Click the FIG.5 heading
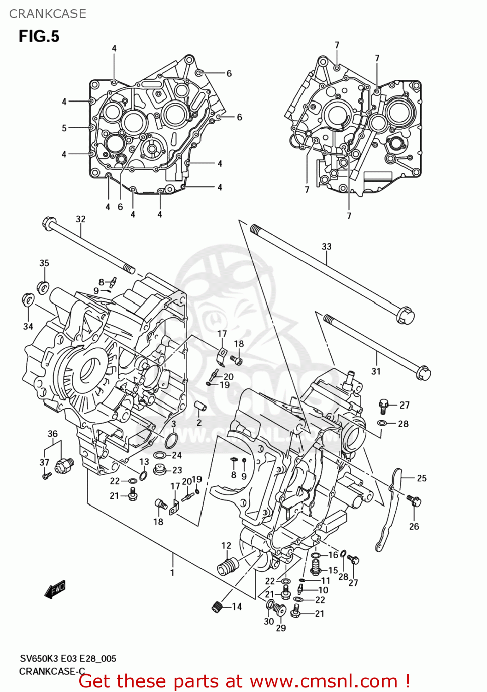pos(39,36)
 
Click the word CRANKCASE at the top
pos(47,14)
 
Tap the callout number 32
pos(81,219)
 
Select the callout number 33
pos(326,247)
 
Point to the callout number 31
pos(376,371)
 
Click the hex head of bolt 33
pos(405,317)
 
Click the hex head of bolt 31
pos(423,372)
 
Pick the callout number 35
pos(44,263)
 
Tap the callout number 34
pos(28,326)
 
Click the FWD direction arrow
pos(55,589)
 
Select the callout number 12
pos(226,546)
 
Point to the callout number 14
pos(237,607)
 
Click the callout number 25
pos(422,478)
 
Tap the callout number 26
pos(414,526)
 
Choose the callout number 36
pos(53,434)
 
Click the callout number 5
pos(64,128)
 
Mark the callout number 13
pos(144,462)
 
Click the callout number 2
pos(199,423)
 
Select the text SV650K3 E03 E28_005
pos(68,659)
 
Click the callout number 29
pos(281,628)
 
